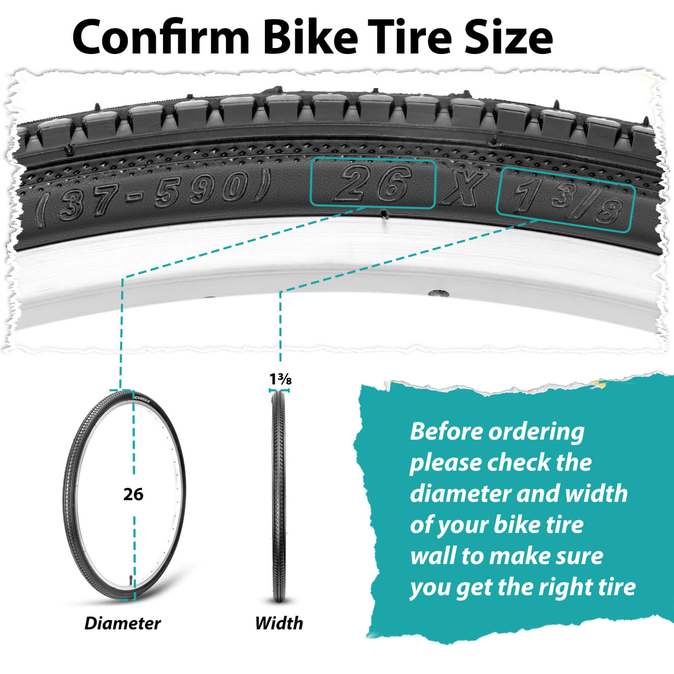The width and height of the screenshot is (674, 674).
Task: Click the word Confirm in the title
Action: pos(161,37)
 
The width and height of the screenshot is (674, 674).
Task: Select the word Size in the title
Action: pos(509,37)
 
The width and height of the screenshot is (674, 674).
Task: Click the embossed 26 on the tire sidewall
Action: pos(373,184)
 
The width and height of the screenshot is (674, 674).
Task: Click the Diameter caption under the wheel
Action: pos(123,623)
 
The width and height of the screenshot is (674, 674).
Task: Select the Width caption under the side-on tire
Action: pos(279,623)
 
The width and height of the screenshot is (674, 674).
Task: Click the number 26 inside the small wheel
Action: pos(133,494)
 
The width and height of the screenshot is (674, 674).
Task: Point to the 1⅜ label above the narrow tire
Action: pos(280,379)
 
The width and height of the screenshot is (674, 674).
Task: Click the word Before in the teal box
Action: pos(446,431)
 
